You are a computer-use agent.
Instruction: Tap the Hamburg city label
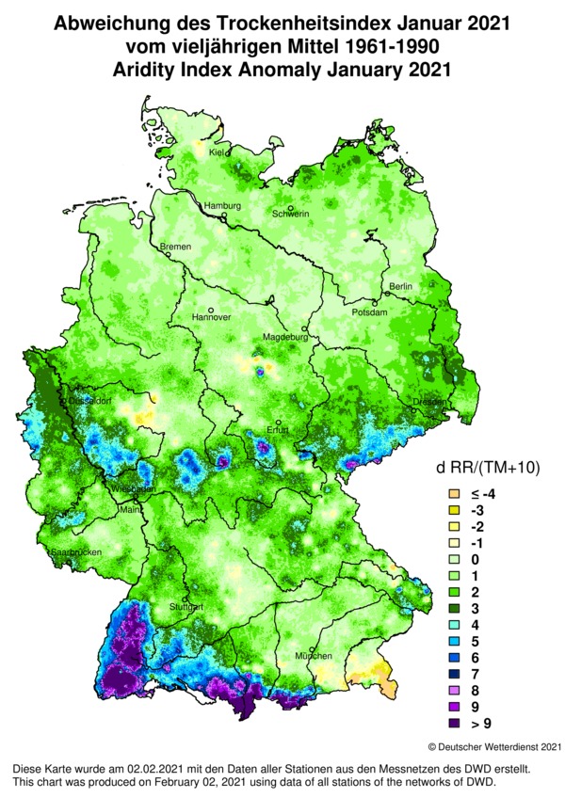224,206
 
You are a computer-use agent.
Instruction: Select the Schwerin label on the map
291,215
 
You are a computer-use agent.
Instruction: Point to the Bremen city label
176,247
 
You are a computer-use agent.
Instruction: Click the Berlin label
401,286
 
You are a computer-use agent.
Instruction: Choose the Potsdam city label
369,311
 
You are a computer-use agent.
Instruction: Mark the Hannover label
211,317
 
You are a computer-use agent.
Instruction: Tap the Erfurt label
278,432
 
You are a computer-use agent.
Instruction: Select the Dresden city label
427,403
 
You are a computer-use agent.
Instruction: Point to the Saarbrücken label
75,551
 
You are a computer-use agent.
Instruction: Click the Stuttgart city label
185,609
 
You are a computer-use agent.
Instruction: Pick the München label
313,656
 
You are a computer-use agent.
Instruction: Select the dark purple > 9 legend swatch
453,724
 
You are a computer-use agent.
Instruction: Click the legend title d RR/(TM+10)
487,468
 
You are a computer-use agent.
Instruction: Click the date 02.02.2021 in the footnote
149,769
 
